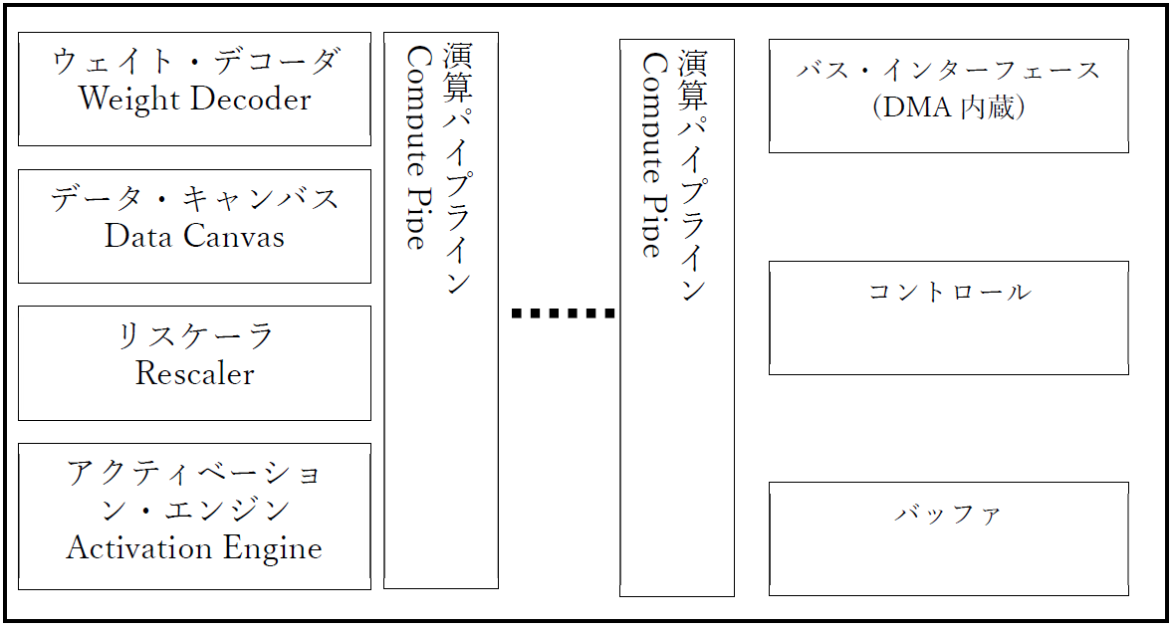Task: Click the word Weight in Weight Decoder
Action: [x=129, y=100]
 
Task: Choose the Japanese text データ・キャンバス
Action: [x=195, y=199]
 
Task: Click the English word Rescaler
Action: [x=195, y=374]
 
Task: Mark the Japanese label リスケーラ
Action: [x=195, y=336]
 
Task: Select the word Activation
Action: [x=128, y=548]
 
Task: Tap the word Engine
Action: [x=280, y=548]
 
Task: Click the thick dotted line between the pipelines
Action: [x=563, y=314]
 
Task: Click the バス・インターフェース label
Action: [x=948, y=71]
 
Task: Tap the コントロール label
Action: [x=948, y=293]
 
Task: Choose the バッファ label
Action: [x=948, y=515]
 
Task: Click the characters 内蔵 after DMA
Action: [x=989, y=107]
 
